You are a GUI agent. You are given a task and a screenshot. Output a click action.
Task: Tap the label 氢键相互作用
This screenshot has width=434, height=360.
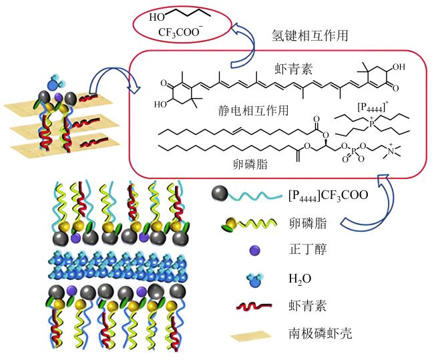(310, 35)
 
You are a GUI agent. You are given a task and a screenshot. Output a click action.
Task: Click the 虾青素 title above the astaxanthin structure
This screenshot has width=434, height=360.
(293, 68)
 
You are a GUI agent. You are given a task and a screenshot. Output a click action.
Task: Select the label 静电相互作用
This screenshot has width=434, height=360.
(253, 110)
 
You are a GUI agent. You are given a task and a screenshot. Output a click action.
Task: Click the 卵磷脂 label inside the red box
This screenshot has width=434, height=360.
(250, 164)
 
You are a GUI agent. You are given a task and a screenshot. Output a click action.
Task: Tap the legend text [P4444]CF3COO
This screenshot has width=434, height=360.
(329, 195)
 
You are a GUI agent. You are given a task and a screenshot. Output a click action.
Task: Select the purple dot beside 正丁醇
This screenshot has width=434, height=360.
(254, 250)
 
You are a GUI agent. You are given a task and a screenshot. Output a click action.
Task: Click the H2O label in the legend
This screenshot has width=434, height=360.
(300, 279)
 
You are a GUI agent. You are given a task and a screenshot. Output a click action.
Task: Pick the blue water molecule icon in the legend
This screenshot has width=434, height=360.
(254, 280)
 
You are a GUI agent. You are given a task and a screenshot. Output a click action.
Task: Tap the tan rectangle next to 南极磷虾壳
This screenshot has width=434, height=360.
(251, 336)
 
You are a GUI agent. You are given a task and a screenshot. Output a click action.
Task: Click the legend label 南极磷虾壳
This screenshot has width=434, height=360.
(320, 333)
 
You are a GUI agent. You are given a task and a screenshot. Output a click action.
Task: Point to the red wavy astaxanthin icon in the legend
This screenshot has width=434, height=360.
(254, 307)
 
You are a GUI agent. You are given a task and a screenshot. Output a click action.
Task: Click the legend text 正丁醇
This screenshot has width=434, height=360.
(307, 249)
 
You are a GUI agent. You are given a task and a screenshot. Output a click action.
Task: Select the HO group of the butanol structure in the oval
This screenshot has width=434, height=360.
(157, 17)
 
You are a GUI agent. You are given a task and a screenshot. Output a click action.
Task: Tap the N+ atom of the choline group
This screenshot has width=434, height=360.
(391, 151)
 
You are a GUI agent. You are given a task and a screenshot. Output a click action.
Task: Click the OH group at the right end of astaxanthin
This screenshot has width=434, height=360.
(399, 67)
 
